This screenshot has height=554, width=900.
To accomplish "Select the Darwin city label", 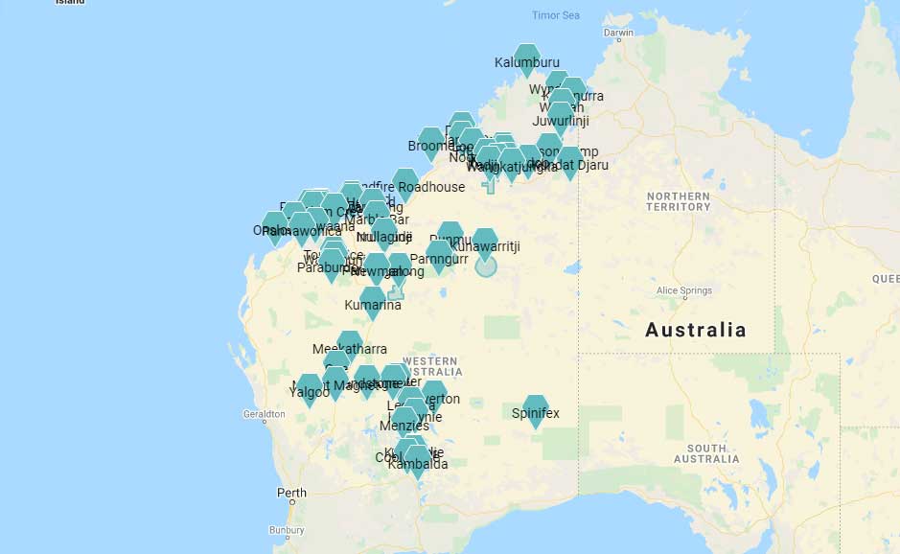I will click(619, 33).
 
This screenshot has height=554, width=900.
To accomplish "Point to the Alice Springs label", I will click(684, 290).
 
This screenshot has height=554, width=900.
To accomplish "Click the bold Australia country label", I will click(695, 331).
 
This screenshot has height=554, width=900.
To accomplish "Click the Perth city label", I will click(291, 494).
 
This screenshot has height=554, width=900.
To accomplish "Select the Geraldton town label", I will click(264, 415).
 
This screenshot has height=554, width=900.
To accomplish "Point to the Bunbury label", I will click(287, 529).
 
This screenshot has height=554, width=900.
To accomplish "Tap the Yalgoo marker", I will click(309, 387).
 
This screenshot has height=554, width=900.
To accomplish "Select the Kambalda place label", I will click(418, 465).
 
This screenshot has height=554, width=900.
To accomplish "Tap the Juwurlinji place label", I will click(560, 122).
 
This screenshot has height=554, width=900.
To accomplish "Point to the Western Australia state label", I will click(431, 366).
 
